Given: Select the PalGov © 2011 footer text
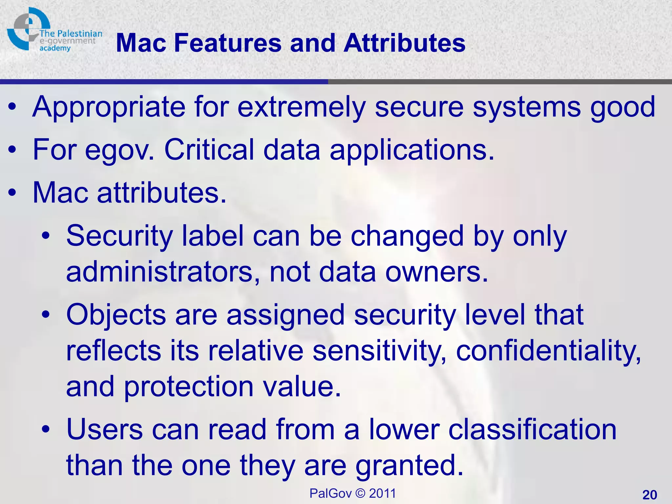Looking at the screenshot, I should [353, 493].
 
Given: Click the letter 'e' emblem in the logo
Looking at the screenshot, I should [28, 28].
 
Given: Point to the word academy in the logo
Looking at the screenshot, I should [55, 49].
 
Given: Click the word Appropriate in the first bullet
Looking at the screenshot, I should [108, 107].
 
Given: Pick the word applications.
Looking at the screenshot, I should [411, 150].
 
